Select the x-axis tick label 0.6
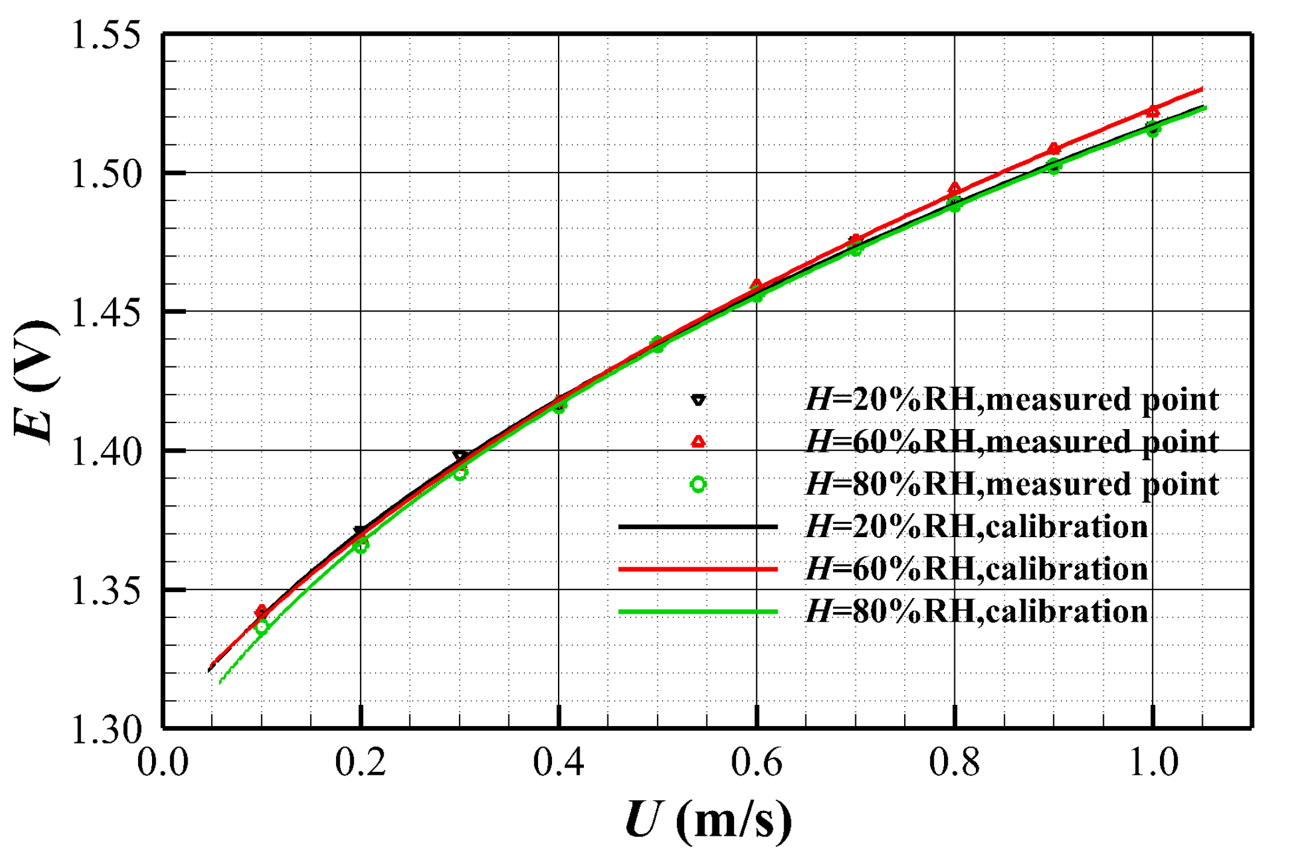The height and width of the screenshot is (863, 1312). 756,762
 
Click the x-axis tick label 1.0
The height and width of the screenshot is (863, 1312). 1152,762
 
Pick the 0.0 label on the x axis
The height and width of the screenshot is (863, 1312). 163,762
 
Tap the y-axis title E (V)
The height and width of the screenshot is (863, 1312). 36,382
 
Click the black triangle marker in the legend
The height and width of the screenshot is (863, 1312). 698,400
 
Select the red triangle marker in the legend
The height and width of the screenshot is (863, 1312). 698,442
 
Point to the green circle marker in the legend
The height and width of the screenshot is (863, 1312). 698,484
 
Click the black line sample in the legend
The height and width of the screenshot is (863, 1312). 698,527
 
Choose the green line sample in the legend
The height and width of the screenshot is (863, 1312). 698,612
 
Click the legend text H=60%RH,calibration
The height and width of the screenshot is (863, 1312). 976,569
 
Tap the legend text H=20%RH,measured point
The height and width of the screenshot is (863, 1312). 1012,400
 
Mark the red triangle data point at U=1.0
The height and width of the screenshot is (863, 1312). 1153,112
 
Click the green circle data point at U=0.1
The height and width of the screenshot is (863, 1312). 261,627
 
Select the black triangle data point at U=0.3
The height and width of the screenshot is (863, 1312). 460,457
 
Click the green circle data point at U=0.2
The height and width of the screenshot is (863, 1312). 361,546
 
